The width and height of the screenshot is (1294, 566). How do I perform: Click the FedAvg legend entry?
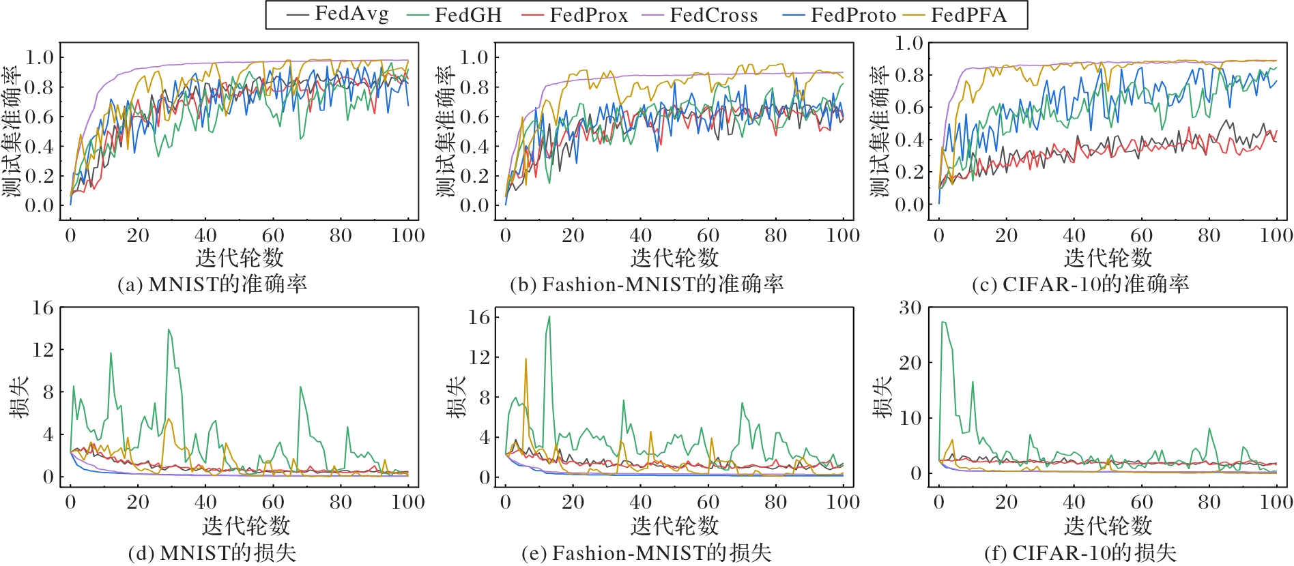338,15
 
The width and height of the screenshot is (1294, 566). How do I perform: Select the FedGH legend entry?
454,15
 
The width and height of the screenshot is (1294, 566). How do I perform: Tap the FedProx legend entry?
574,15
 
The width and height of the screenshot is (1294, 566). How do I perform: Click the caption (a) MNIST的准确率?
212,284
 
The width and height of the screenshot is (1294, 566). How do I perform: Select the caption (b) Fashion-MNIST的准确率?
647,284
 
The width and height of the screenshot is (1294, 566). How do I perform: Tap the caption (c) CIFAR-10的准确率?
1080,284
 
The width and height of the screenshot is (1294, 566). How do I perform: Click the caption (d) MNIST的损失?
212,552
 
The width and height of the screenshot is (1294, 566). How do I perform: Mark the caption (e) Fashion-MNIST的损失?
647,552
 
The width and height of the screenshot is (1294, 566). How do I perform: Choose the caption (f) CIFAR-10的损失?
1080,552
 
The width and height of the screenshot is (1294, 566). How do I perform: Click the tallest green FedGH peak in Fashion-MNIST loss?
549,317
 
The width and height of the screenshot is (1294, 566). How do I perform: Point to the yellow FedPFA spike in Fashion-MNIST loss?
526,359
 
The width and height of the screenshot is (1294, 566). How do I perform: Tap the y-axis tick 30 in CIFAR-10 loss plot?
910,308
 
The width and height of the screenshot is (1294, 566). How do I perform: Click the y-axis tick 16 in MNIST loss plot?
42,308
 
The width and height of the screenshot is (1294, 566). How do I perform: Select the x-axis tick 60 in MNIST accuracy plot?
273,236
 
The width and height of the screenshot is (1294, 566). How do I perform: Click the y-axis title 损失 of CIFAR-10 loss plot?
883,397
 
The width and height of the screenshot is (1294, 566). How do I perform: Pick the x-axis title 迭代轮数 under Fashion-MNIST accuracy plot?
674,258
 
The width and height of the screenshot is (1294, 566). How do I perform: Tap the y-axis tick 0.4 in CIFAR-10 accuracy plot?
909,140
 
